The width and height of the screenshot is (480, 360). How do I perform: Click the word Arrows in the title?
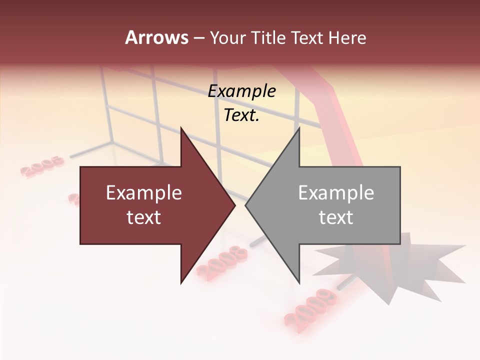(157, 37)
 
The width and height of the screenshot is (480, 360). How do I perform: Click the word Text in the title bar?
(307, 38)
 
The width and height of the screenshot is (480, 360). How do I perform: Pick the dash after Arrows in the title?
(198, 38)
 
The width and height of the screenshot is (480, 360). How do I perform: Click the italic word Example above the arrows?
(242, 91)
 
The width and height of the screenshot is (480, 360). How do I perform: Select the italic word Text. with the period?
(242, 115)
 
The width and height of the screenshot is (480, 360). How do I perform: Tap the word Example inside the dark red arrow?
(144, 193)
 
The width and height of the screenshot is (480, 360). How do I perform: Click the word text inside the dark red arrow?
(144, 217)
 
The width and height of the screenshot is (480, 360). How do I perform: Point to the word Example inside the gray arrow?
(336, 193)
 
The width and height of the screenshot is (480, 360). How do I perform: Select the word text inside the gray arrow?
(336, 217)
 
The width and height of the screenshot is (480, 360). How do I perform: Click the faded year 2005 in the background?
(43, 166)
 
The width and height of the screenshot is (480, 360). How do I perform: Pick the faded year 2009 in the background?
(310, 306)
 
